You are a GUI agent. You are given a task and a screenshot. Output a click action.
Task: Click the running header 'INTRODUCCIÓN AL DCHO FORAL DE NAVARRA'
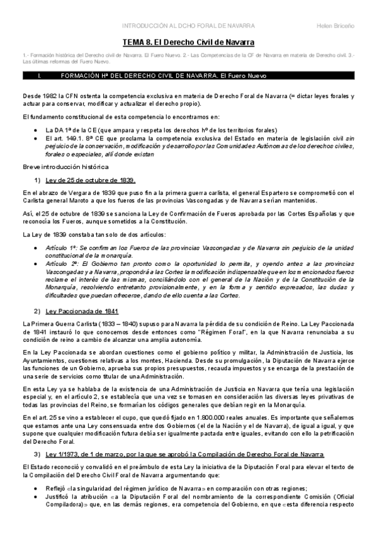click(188, 26)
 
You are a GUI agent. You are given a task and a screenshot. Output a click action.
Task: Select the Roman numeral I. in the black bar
click(40, 75)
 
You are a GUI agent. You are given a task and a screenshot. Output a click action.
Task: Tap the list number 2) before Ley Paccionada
click(37, 311)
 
